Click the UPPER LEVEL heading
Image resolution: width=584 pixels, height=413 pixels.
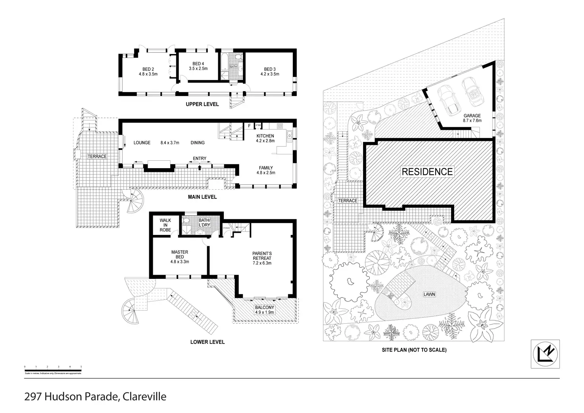tap(202, 104)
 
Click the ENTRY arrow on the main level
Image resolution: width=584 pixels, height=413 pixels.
tap(200, 167)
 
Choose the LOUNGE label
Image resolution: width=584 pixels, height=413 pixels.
tap(142, 143)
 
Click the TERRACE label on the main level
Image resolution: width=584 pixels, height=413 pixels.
tap(97, 156)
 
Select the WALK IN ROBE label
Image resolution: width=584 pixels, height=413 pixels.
tap(165, 225)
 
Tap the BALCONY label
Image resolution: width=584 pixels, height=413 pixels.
tap(264, 310)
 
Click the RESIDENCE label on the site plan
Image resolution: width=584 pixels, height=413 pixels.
tap(427, 172)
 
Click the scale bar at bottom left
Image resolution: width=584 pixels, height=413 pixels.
tap(53, 369)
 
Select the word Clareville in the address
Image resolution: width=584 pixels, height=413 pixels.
tap(144, 396)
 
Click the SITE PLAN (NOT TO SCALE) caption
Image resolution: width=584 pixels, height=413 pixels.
tap(414, 350)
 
